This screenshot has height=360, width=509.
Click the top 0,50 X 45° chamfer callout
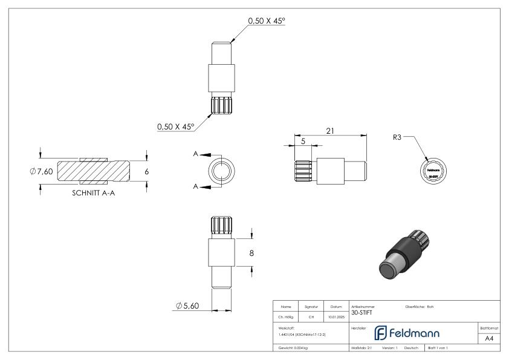pos(266,21)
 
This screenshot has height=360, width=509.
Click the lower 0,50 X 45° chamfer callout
pos(175,127)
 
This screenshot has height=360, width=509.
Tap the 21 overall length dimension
pos(330,131)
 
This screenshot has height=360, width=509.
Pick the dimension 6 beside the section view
pos(146,171)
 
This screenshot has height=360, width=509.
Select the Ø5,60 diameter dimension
pos(187,306)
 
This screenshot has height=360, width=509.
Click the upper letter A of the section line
pos(195,155)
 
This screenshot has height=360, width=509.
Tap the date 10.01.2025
pos(336,316)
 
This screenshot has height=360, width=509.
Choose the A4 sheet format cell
pos(489,339)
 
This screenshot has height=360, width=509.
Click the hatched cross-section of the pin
pos(94,171)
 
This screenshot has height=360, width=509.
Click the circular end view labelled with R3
pos(433,171)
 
